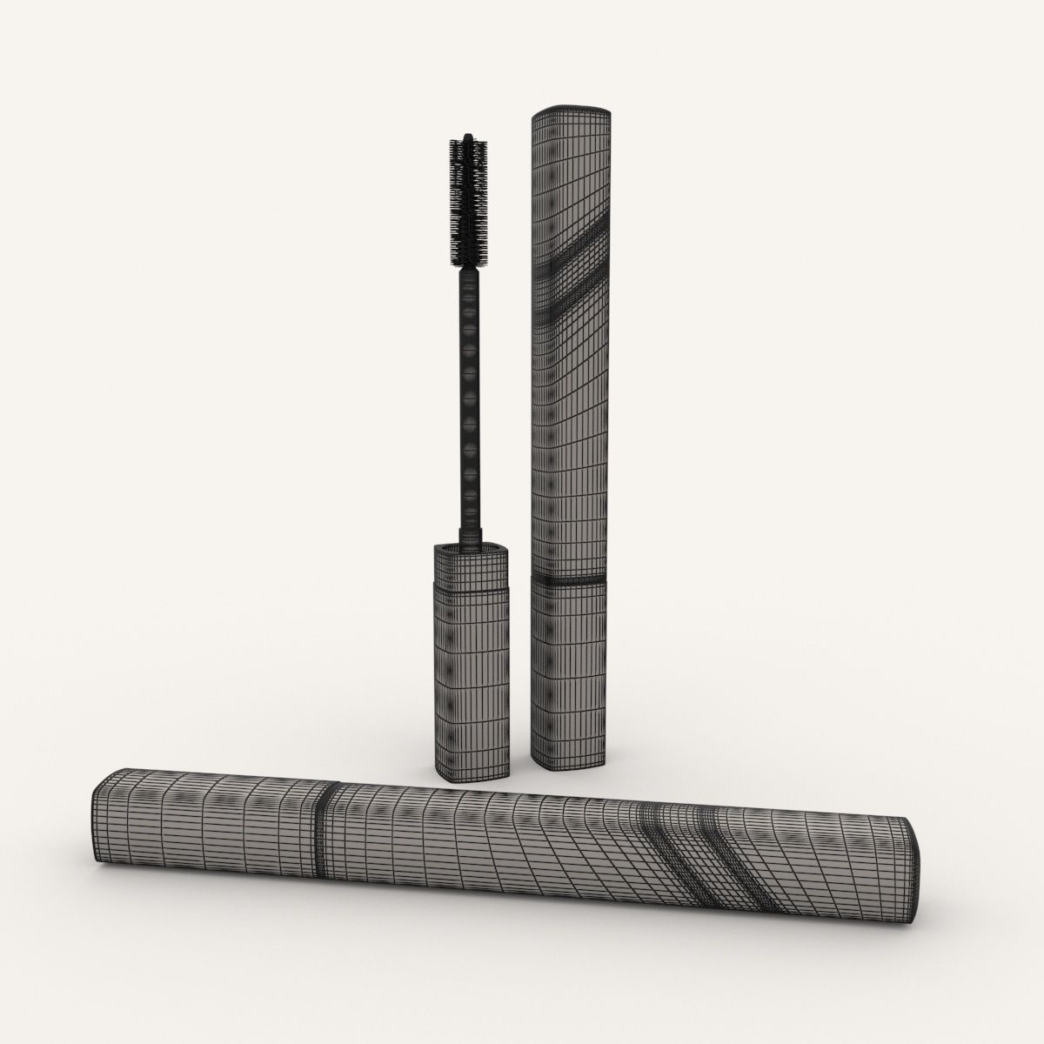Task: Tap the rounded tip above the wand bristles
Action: pos(468,137)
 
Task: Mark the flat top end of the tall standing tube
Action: pos(570,111)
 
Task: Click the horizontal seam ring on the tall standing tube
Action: pos(570,579)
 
